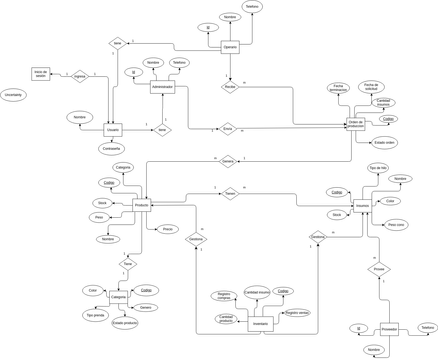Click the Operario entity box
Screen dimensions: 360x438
tap(230, 47)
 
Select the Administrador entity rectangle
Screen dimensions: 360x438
tap(162, 87)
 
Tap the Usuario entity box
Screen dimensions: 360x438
tap(112, 130)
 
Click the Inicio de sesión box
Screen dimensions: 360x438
tap(41, 74)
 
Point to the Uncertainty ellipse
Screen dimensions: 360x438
tap(13, 95)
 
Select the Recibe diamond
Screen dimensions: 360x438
tap(230, 87)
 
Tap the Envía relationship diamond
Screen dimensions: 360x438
tap(227, 128)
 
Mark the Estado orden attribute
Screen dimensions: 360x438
tap(385, 142)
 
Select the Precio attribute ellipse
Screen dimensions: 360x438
tap(167, 229)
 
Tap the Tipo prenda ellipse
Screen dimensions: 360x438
tap(94, 314)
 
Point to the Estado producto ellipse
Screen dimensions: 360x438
tap(125, 323)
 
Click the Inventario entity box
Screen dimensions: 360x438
tap(260, 324)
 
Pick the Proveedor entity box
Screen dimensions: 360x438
tap(389, 328)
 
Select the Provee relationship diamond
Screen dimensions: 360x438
tap(379, 269)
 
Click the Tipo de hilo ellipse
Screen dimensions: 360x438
tap(378, 167)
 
